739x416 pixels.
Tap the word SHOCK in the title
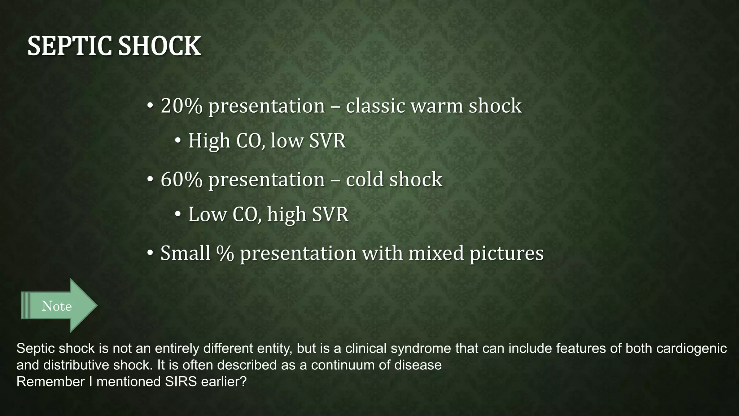159,46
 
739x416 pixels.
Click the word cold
365,179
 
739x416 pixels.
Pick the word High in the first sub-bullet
209,141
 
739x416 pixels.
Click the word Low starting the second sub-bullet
207,214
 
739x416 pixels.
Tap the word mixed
436,253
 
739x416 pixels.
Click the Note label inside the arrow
57,306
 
